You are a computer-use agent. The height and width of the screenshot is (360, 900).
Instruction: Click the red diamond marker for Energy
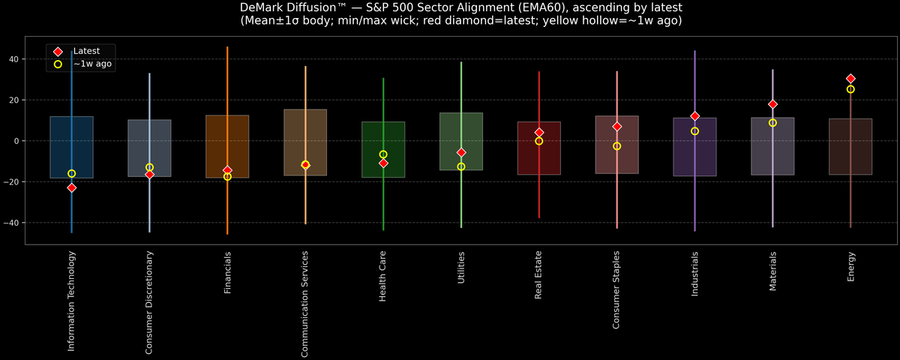(x=850, y=79)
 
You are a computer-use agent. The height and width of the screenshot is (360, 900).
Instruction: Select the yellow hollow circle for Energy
(x=850, y=89)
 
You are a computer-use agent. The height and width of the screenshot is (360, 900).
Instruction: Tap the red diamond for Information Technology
(x=72, y=187)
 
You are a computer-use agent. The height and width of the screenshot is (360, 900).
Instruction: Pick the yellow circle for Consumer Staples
(x=616, y=146)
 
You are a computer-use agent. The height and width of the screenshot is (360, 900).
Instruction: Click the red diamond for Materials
(x=772, y=104)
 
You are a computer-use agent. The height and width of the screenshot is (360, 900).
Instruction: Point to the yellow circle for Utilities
(x=461, y=166)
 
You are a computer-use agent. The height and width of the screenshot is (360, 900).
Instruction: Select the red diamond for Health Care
(x=383, y=163)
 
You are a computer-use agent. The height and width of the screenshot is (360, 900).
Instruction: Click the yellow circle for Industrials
(x=694, y=131)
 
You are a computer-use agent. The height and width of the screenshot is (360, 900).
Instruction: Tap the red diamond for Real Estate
(x=539, y=133)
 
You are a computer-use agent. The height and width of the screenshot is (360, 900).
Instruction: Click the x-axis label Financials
(x=227, y=272)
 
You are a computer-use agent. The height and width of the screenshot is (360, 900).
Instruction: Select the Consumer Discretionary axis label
(x=149, y=302)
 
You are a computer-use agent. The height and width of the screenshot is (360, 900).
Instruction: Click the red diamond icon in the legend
(x=58, y=51)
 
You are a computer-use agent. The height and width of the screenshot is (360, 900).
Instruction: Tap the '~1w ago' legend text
(x=92, y=64)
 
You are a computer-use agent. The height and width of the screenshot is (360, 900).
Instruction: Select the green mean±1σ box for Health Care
(x=383, y=150)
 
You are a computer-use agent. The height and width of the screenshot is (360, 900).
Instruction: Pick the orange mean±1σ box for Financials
(x=227, y=146)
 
